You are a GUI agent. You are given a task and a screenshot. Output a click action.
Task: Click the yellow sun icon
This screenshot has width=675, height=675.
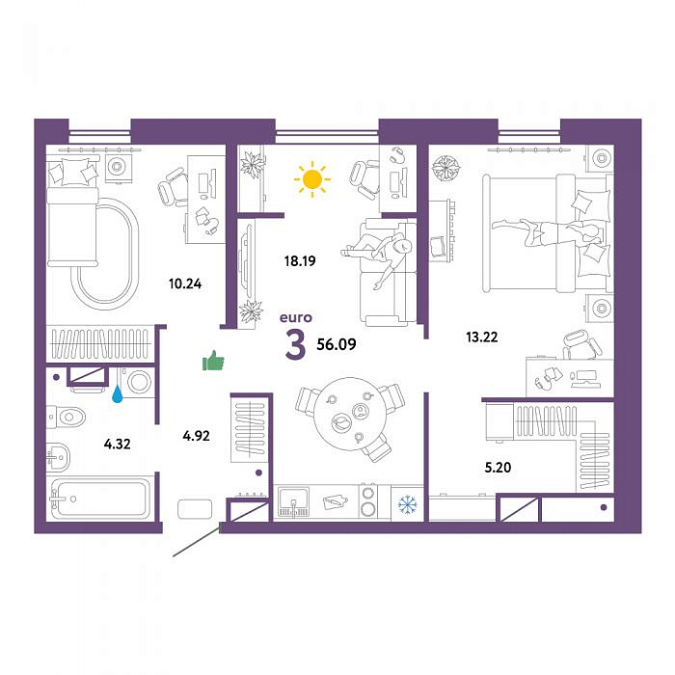coord(312,179)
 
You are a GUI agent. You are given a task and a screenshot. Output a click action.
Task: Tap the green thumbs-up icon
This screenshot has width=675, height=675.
coord(213,361)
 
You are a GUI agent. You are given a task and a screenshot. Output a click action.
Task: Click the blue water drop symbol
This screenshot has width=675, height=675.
coord(118,393)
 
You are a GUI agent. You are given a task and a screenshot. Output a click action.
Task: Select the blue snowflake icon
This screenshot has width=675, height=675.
coord(407,504)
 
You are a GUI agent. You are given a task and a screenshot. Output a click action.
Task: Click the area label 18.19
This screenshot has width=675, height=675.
coord(300,261)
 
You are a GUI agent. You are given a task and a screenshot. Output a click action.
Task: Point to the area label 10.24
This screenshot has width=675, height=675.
coord(185,284)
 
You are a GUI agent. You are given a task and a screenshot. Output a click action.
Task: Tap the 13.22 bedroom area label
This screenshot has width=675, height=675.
coord(482,337)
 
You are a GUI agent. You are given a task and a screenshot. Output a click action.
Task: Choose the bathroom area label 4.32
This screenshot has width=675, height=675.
coord(117,444)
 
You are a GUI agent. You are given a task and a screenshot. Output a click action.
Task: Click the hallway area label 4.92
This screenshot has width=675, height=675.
coord(197,436)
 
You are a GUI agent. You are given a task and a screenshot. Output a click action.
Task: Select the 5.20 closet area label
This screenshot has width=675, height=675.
coord(499,468)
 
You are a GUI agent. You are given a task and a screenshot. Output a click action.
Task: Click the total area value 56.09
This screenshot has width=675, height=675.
coord(337,344)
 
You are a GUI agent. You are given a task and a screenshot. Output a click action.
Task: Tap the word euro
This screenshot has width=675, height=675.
coord(296,317)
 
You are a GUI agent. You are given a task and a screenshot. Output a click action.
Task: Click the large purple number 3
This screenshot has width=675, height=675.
coord(296,345)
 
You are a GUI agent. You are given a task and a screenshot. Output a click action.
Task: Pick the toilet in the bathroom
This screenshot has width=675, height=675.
coord(67,417)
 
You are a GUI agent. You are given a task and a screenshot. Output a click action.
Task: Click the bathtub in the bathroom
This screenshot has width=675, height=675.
coord(100,499)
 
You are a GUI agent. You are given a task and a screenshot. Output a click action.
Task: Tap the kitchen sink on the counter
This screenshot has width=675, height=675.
coord(293,502)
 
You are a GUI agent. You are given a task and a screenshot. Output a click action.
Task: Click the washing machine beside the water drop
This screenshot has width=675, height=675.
coord(137,382)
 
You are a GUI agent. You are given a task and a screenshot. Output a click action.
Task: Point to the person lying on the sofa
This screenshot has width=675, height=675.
coord(378,255)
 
